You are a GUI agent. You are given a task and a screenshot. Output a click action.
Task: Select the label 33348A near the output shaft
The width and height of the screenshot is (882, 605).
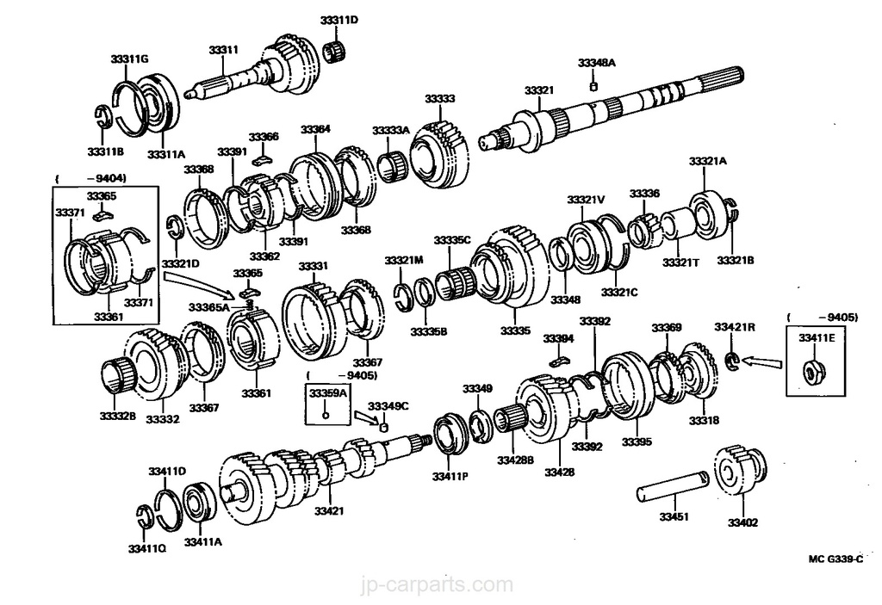coord(597,63)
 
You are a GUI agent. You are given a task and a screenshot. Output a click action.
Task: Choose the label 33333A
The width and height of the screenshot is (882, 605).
coord(391,130)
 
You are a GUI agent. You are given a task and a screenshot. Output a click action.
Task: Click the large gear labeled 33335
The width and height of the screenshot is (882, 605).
coord(512,267)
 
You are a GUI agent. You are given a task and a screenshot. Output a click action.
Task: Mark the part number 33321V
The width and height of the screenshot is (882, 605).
coord(586,200)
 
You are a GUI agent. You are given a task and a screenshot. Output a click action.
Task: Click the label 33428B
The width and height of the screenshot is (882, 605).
coord(515,461)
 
